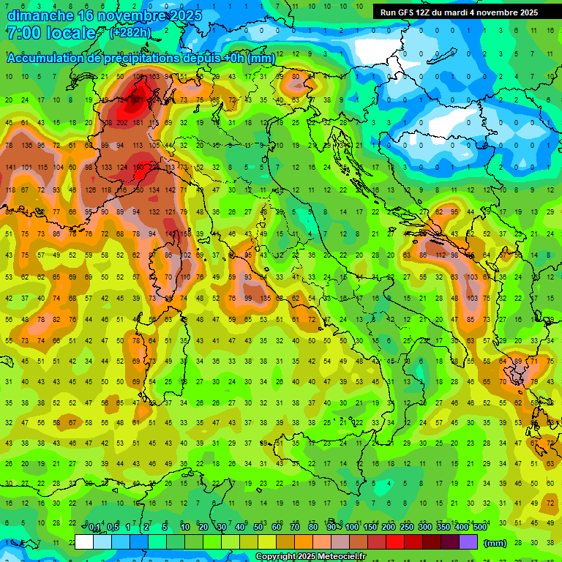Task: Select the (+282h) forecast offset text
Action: click(x=131, y=33)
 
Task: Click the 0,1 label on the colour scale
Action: click(x=94, y=528)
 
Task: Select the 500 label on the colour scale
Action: click(x=479, y=528)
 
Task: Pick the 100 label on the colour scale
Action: click(x=352, y=528)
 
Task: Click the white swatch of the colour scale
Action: click(x=84, y=542)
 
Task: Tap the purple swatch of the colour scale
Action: click(x=468, y=542)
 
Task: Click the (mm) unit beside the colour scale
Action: click(x=495, y=543)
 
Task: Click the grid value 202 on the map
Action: click(x=121, y=123)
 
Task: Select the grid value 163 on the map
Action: click(x=153, y=76)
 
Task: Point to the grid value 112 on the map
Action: click(x=441, y=255)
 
